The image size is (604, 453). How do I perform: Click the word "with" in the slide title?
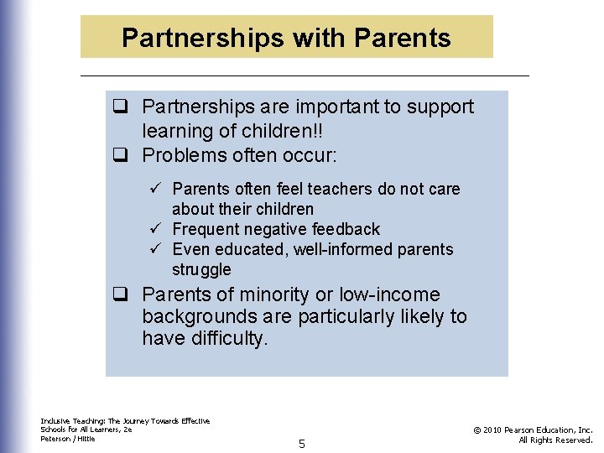tap(321, 38)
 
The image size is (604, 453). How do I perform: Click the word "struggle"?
tap(201, 269)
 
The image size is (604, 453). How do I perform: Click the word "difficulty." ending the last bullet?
tap(226, 338)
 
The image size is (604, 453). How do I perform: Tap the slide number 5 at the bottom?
tap(302, 443)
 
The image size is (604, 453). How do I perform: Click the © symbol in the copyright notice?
tap(477, 430)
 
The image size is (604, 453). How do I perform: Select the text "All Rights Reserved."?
tap(555, 440)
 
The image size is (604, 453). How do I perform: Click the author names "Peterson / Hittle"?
tap(68, 438)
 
